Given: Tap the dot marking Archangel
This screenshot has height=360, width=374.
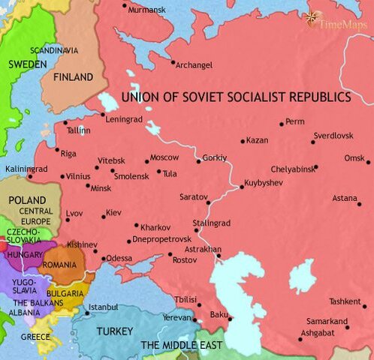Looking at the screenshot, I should tap(173, 62).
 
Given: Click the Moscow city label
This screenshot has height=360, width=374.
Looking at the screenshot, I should tap(164, 157).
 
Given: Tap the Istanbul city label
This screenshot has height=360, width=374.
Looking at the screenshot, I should tap(103, 307).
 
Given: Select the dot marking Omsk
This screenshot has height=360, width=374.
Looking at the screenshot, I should tap(369, 161).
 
